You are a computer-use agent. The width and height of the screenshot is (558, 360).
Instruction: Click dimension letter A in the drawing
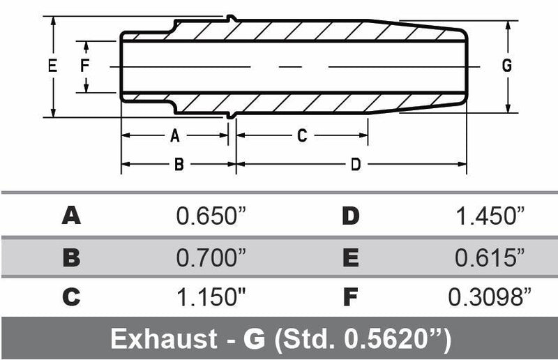click(175, 135)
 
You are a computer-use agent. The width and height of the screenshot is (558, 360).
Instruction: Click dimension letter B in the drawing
click(179, 165)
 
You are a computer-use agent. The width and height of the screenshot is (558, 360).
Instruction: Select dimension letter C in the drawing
click(302, 135)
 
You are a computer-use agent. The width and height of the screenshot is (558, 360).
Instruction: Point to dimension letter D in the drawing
click(355, 165)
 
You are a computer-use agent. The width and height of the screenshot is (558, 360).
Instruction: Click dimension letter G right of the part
click(507, 66)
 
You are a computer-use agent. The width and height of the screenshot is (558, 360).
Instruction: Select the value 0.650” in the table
click(211, 216)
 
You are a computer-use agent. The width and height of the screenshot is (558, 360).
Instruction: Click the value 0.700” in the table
click(211, 257)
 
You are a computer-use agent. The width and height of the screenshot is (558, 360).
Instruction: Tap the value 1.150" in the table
click(211, 298)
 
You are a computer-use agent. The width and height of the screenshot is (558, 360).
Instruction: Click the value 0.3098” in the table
click(486, 298)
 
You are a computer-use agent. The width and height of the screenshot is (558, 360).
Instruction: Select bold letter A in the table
click(71, 216)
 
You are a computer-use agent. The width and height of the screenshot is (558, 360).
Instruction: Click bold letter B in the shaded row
click(71, 257)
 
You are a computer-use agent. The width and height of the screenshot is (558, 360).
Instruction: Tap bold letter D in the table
click(350, 216)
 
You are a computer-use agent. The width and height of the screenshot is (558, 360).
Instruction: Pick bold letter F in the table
click(350, 298)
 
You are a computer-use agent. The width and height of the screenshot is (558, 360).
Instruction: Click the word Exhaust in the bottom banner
click(163, 339)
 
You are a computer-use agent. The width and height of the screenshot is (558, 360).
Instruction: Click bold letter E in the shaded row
click(350, 257)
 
